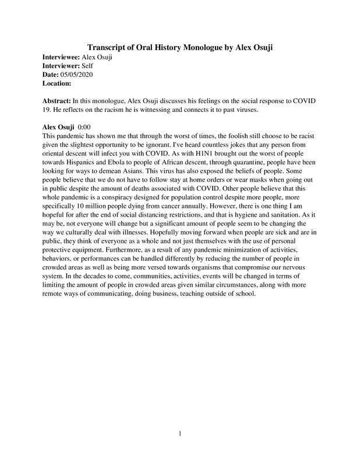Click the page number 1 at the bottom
pyautogui.click(x=181, y=433)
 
